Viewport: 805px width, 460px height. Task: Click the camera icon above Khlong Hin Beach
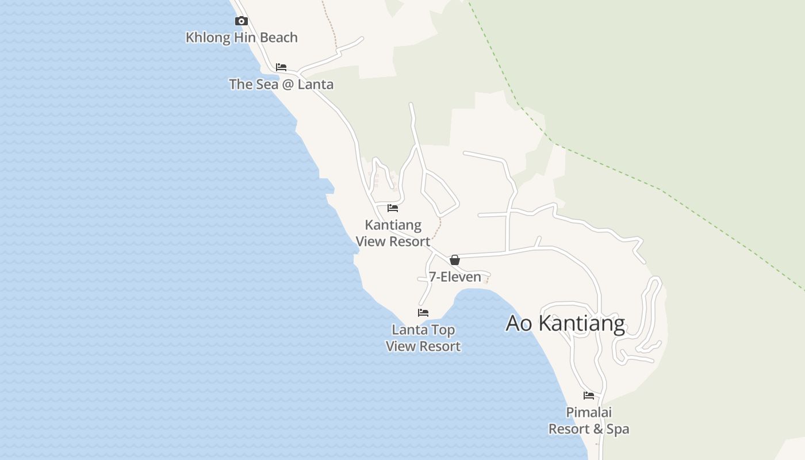coord(241,21)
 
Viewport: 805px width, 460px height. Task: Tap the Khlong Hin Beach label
coord(241,37)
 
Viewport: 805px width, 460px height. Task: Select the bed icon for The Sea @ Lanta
coord(281,67)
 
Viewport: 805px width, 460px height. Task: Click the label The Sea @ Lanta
coord(281,84)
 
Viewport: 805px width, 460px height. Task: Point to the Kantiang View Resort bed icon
coord(393,208)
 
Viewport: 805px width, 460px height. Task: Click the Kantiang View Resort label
coord(393,233)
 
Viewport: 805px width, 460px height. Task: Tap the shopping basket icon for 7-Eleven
coord(455,260)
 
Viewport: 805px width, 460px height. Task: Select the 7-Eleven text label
coord(455,277)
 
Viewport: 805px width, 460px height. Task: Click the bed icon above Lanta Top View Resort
coord(423,313)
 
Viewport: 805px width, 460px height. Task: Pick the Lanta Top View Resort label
coord(423,338)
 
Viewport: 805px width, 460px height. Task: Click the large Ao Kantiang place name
coord(565,323)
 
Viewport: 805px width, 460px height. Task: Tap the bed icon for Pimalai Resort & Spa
coord(589,396)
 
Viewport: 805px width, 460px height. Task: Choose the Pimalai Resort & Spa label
coord(589,421)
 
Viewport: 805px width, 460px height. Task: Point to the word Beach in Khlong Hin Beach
coord(279,37)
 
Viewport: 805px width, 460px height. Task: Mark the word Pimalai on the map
coord(589,412)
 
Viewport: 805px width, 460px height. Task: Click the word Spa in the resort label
coord(618,429)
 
